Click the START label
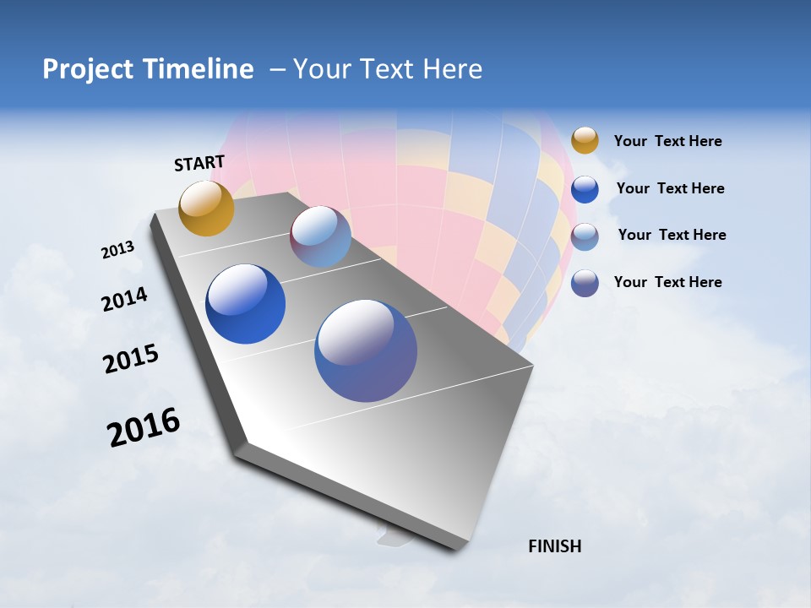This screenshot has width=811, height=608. [x=199, y=163]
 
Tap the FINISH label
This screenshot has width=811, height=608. [x=554, y=546]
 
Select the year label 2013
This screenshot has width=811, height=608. [x=117, y=250]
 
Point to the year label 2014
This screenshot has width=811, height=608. [x=124, y=300]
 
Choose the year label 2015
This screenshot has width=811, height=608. [x=131, y=359]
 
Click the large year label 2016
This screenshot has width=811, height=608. [x=144, y=427]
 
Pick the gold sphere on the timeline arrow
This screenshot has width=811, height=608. [x=206, y=208]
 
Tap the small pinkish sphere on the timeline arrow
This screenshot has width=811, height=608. [x=320, y=236]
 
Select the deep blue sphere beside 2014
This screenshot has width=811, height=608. [x=245, y=304]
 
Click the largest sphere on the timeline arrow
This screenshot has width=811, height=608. [x=365, y=350]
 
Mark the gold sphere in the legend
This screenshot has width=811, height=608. [x=585, y=140]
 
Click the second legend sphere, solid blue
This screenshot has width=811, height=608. [x=585, y=189]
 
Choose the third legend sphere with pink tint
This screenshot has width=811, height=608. [x=585, y=236]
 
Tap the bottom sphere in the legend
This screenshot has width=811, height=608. [x=585, y=283]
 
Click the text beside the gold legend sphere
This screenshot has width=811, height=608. [x=667, y=142]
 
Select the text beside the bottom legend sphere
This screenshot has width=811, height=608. [x=667, y=282]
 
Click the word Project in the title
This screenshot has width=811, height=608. [x=88, y=69]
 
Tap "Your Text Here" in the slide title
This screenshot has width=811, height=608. [x=388, y=69]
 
